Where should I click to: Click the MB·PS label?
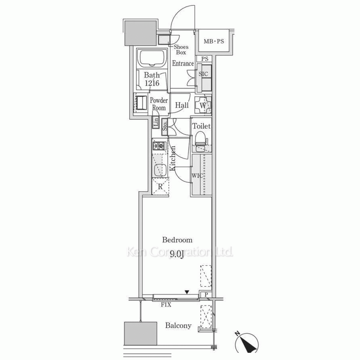tap(214, 41)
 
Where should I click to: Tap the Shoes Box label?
tap(181, 50)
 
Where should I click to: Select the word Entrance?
tap(183, 63)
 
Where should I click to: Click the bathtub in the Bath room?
tap(152, 58)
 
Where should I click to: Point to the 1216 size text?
tap(152, 83)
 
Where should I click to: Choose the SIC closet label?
tap(203, 74)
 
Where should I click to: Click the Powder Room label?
tap(159, 104)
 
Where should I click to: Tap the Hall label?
tap(182, 105)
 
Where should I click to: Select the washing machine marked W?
tap(203, 105)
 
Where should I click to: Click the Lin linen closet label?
tap(156, 122)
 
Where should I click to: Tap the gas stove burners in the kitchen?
tap(160, 145)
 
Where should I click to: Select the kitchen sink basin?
tap(160, 170)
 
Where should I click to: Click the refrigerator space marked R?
tap(160, 186)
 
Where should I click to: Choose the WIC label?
tap(197, 176)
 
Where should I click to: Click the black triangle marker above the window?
tap(187, 292)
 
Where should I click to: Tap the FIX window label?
tap(166, 305)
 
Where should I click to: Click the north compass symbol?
tap(247, 343)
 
